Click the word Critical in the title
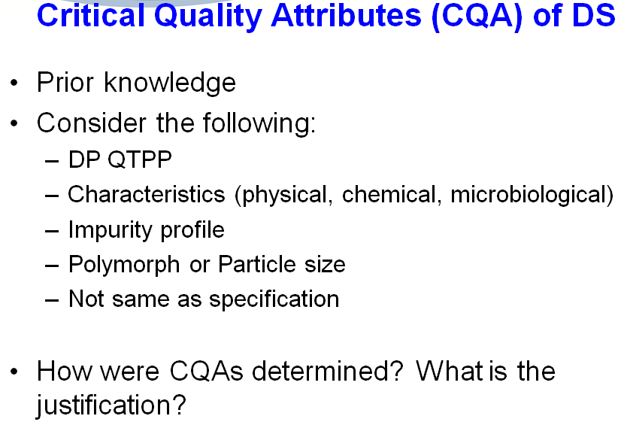tap(91, 15)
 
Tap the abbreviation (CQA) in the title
tap(477, 17)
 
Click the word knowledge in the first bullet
tap(170, 83)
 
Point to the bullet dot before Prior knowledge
tap(14, 83)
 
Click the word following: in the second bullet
tap(259, 123)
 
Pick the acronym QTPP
tap(139, 159)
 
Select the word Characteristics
tap(147, 194)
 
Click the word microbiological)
tap(532, 196)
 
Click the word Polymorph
tap(124, 264)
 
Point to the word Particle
tap(256, 264)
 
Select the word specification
tap(274, 299)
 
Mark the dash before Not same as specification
tap(52, 300)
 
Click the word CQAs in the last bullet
tap(206, 372)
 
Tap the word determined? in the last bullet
tap(328, 371)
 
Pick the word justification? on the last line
tap(111, 405)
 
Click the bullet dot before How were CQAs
tap(14, 372)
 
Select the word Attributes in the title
tap(347, 15)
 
